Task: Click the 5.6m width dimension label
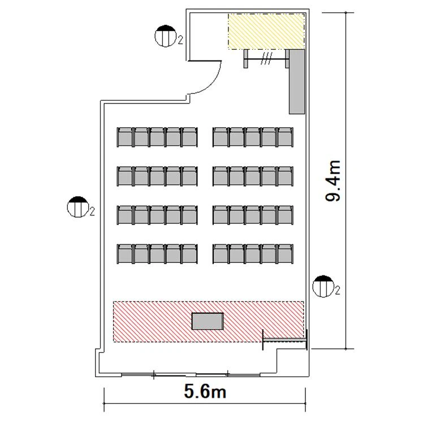coord(205,391)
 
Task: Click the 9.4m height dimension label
coord(333,181)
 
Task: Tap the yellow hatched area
coord(266,31)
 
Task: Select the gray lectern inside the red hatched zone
coord(208,321)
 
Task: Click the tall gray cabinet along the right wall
coord(297,81)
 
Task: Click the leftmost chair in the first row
coord(125,137)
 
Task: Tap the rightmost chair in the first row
coord(286,137)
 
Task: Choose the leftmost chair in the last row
coord(125,254)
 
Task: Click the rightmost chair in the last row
coord(286,254)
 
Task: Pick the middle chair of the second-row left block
coord(157,176)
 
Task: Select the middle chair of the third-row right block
coord(253,215)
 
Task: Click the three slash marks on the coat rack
coord(266,59)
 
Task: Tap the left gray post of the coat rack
coord(245,59)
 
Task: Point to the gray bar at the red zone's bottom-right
coord(285,340)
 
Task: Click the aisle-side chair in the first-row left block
coord(189,137)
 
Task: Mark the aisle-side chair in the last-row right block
coord(221,254)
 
